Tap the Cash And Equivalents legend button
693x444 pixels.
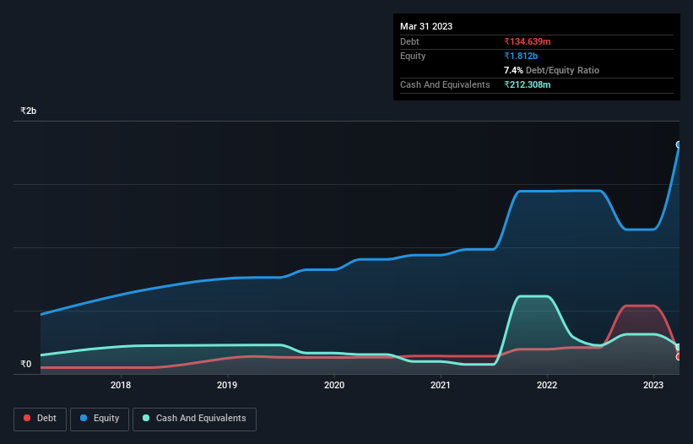click(x=194, y=419)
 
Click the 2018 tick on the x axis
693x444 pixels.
click(x=121, y=386)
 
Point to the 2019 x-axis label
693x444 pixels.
click(x=227, y=386)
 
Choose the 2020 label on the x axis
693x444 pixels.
click(x=334, y=386)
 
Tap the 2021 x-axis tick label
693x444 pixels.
click(x=440, y=386)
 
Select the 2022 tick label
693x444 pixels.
click(x=547, y=386)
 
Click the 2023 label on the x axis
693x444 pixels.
click(x=653, y=386)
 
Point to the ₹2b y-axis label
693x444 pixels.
click(x=29, y=111)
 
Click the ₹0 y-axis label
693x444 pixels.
click(x=25, y=365)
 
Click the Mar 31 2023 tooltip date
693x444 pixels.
click(x=426, y=26)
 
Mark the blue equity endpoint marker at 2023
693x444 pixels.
click(x=678, y=144)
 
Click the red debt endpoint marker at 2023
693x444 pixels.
click(x=678, y=357)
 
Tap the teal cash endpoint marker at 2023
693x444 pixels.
click(x=678, y=347)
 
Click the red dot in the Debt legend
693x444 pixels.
click(x=28, y=419)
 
